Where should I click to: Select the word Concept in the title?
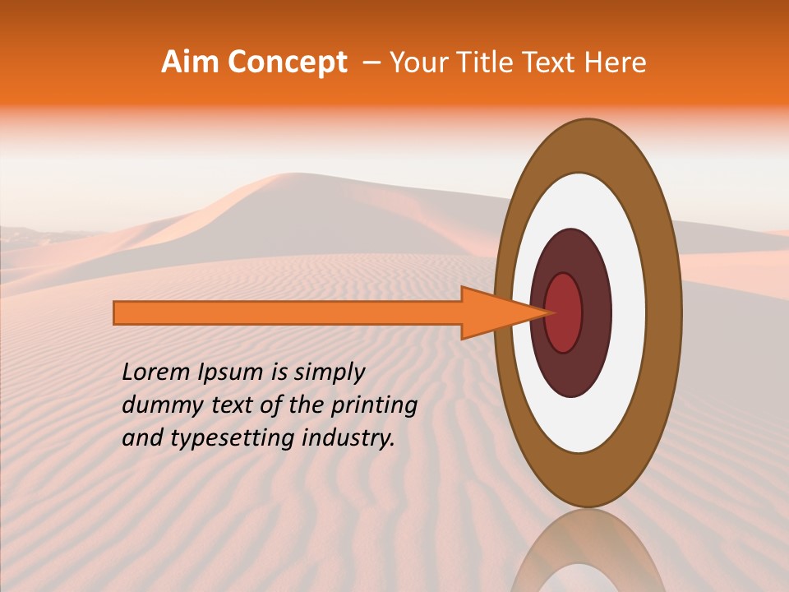287,63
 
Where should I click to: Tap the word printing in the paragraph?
373,405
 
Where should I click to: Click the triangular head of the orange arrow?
493,313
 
